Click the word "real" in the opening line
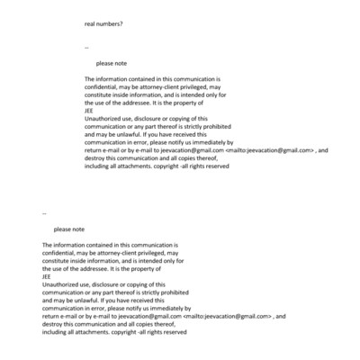click(90, 23)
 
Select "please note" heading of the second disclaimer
click(69, 229)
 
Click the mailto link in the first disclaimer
click(269, 150)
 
